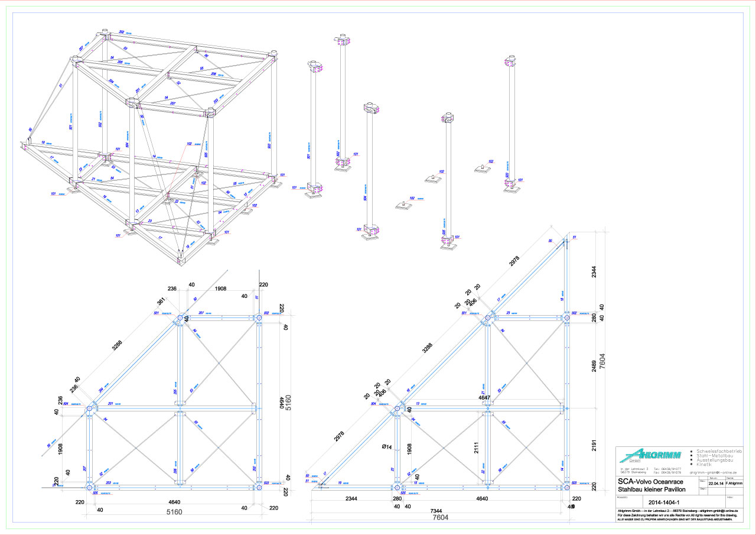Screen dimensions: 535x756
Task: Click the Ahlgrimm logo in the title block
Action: point(650,455)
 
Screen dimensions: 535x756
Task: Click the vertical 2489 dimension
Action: point(595,363)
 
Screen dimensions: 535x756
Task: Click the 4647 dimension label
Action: point(484,398)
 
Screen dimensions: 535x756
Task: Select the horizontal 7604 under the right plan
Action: point(440,518)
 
